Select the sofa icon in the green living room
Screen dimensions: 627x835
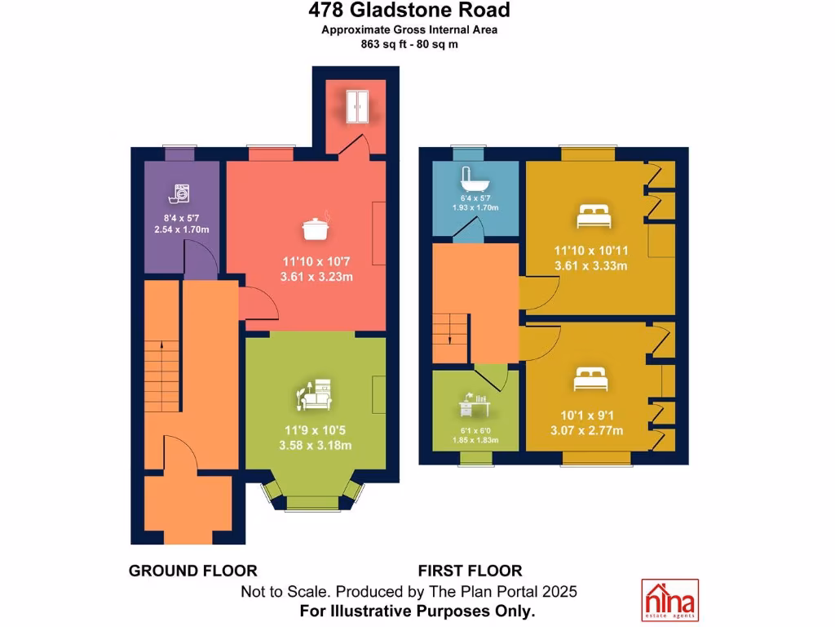(314, 396)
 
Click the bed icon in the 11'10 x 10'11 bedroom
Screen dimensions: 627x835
(594, 216)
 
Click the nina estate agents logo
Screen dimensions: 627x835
(669, 599)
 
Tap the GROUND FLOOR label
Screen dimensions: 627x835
(193, 571)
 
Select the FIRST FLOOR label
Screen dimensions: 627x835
(470, 571)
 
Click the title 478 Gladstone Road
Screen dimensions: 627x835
(409, 11)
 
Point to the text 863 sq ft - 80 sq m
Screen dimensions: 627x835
(409, 44)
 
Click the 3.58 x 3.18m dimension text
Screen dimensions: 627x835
(315, 445)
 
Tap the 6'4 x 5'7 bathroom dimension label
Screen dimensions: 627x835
(474, 198)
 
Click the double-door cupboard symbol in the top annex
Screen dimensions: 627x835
(356, 106)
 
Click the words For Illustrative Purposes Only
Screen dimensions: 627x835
(417, 611)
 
